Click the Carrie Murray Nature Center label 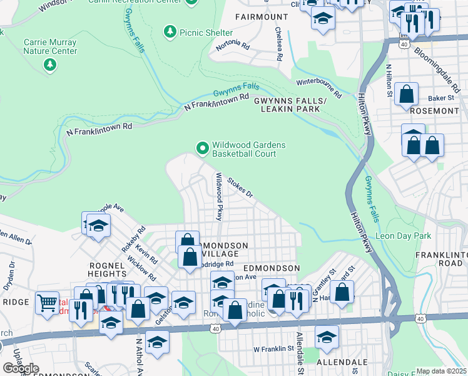[x=50, y=47]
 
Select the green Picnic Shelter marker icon [x=170, y=31]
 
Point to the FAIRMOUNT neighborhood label [x=257, y=16]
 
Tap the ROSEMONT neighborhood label [x=435, y=110]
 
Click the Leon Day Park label [x=404, y=236]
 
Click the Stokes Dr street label [x=240, y=187]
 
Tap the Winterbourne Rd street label [x=318, y=88]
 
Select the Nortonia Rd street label [x=232, y=46]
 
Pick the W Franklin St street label [x=273, y=348]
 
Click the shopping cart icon [x=48, y=303]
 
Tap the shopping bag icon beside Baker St [x=407, y=95]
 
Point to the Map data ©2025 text [x=441, y=371]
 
